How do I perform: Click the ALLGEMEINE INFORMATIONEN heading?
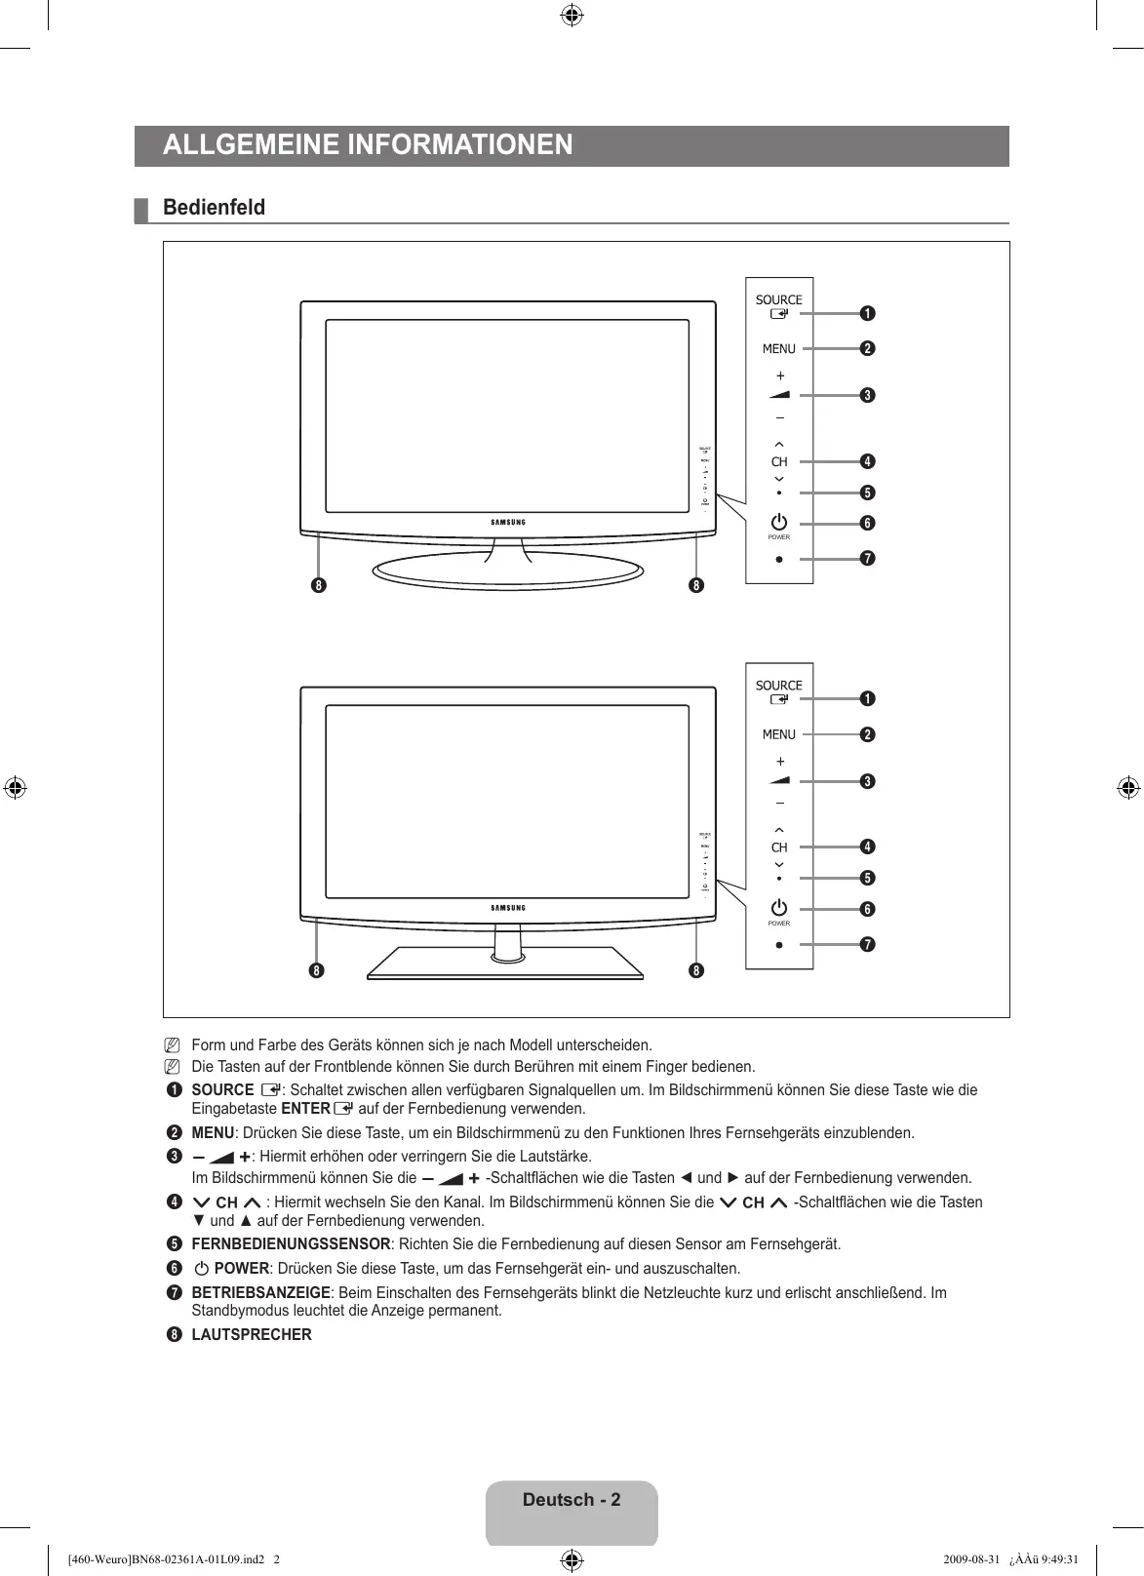click(x=368, y=145)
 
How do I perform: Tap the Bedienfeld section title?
click(x=214, y=208)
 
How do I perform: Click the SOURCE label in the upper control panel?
click(x=778, y=300)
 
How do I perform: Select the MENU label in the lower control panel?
click(x=778, y=734)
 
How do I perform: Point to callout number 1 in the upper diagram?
click(x=867, y=313)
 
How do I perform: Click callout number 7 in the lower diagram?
click(x=867, y=944)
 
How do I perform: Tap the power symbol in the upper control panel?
click(x=778, y=523)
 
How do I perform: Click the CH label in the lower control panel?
click(x=779, y=847)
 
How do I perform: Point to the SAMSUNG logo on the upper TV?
click(x=507, y=523)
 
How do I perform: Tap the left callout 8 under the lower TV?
click(x=317, y=970)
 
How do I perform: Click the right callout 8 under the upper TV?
click(x=695, y=585)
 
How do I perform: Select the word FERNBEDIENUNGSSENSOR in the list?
click(x=291, y=1244)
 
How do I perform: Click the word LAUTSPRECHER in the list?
click(x=252, y=1335)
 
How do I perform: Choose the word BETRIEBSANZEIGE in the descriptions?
click(x=260, y=1293)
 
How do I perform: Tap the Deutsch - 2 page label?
click(x=572, y=1500)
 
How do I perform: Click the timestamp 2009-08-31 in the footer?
click(x=971, y=1558)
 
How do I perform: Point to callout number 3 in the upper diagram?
click(x=867, y=395)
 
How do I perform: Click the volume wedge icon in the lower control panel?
click(x=779, y=781)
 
